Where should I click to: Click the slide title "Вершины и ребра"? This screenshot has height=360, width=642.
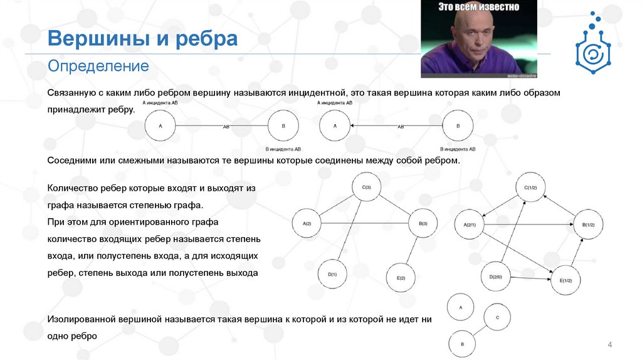(x=143, y=39)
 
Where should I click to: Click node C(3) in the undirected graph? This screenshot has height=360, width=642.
(x=367, y=188)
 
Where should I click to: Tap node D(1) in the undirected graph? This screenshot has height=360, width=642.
(x=332, y=275)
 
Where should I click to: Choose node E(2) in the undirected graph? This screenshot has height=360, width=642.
(x=401, y=277)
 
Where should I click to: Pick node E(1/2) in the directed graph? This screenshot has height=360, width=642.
(x=566, y=281)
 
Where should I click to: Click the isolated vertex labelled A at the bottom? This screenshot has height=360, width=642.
(x=461, y=308)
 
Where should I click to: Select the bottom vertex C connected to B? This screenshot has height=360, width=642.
(x=497, y=317)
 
